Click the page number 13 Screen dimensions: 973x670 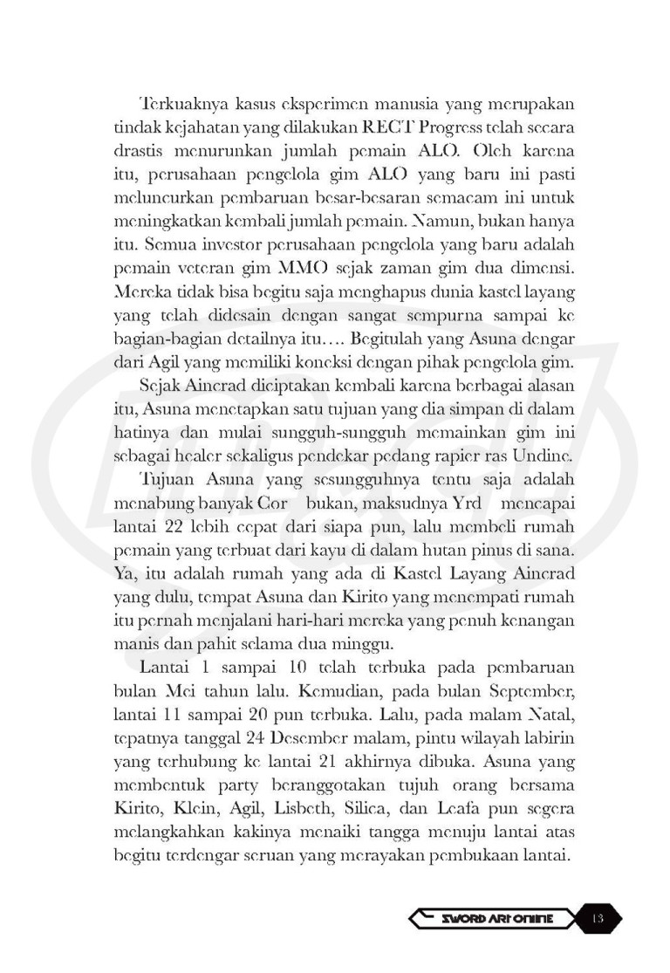599,918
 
